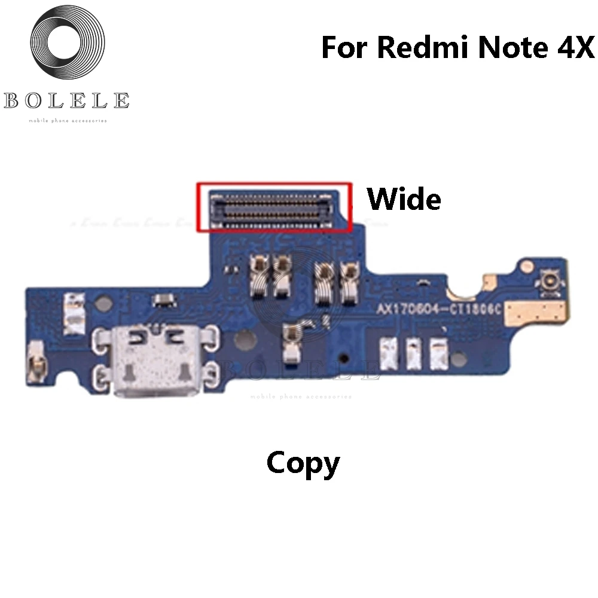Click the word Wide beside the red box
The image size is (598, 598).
pos(404,200)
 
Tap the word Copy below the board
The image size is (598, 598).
pos(303,463)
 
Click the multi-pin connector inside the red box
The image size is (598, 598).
pos(273,208)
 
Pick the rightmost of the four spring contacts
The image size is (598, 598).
pos(346,276)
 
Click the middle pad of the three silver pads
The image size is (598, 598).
pos(413,353)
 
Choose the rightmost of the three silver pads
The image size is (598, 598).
pos(440,353)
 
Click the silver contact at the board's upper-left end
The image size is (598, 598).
pos(75,313)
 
